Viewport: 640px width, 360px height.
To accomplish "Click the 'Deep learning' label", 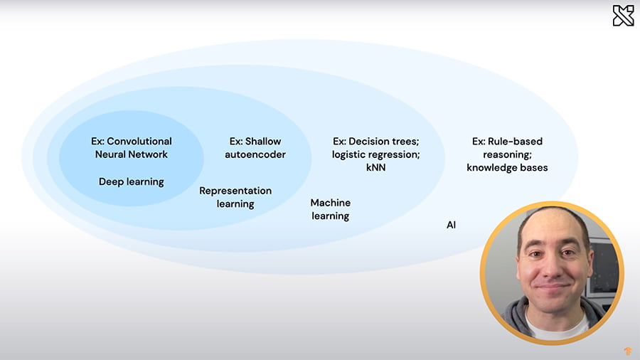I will (x=132, y=181).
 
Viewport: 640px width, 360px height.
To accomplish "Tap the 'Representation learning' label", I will (x=235, y=197).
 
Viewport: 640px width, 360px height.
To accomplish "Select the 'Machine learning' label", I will (x=331, y=209).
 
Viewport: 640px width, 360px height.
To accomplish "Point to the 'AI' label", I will (x=451, y=225).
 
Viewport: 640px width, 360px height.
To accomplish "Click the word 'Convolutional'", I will (x=139, y=142).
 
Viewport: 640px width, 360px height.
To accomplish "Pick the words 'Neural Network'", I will (x=132, y=154).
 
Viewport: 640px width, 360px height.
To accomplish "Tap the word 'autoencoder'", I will (x=255, y=154).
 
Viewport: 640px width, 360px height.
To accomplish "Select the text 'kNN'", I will (x=375, y=167).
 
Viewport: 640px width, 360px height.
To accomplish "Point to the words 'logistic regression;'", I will (x=375, y=154).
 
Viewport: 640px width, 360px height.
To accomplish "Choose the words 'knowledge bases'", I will (x=507, y=167).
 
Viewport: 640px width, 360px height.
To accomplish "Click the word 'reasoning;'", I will (x=507, y=154).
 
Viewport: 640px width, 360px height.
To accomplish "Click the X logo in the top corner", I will (x=623, y=16).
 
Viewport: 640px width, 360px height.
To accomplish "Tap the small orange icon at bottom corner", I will (x=627, y=350).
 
